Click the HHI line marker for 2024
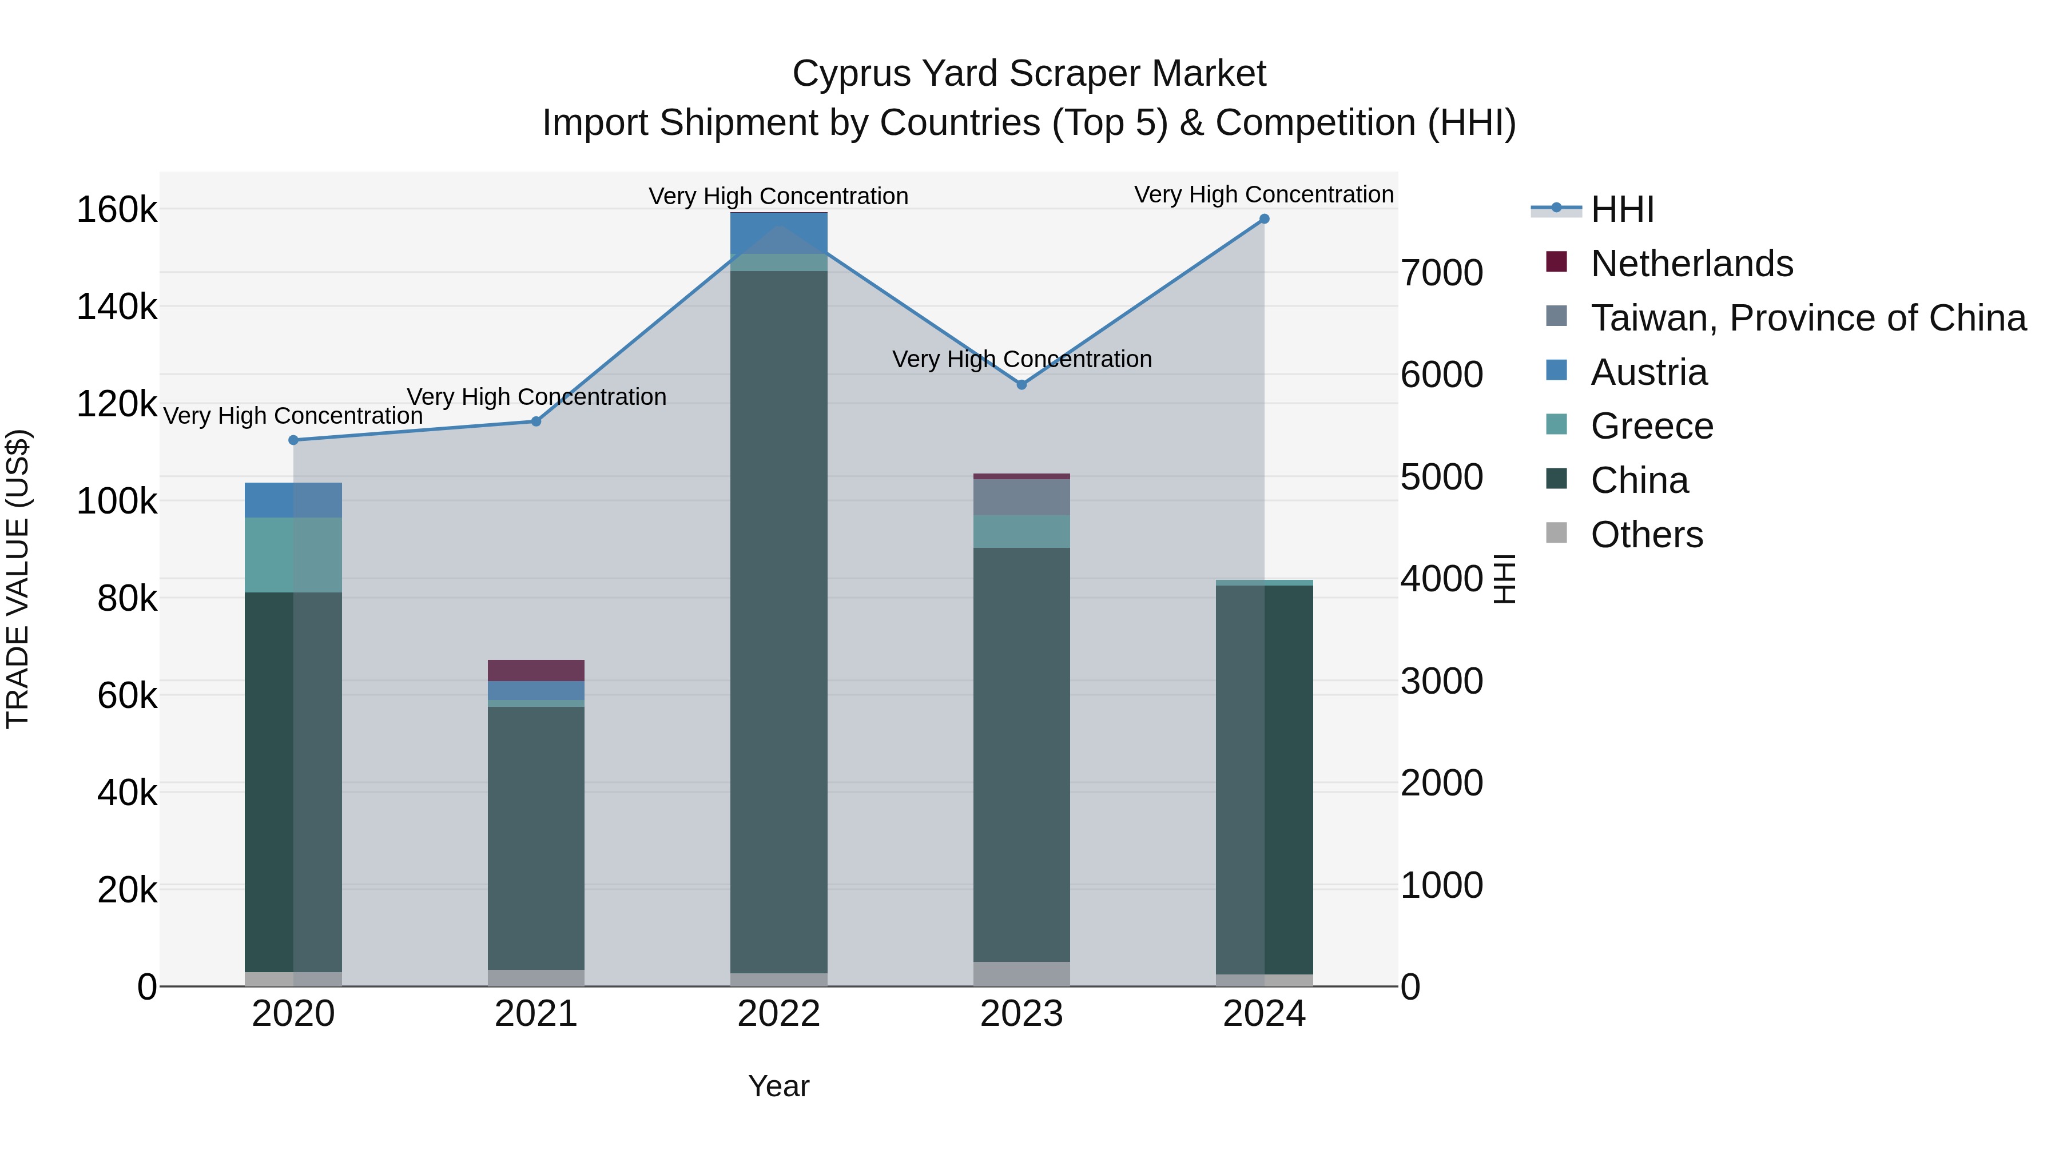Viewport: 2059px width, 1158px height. tap(1263, 219)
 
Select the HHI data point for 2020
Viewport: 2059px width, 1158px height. tap(293, 440)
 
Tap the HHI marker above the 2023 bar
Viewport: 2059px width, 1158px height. tap(1021, 384)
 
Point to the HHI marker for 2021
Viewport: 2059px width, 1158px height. tap(536, 421)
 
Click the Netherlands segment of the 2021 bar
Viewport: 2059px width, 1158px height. tap(536, 671)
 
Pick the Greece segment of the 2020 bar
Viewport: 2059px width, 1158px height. tap(293, 555)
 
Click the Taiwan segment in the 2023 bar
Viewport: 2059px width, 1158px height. tap(1021, 497)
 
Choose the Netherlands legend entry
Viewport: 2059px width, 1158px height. tap(1691, 264)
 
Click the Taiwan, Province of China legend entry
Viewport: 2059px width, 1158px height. tap(1808, 318)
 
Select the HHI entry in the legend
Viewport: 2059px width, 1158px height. tap(1622, 209)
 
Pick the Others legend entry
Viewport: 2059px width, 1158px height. tap(1647, 535)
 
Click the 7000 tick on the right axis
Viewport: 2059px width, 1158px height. tap(1442, 273)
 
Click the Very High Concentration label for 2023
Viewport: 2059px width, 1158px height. tap(1021, 360)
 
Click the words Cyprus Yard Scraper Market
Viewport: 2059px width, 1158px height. tap(1029, 74)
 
